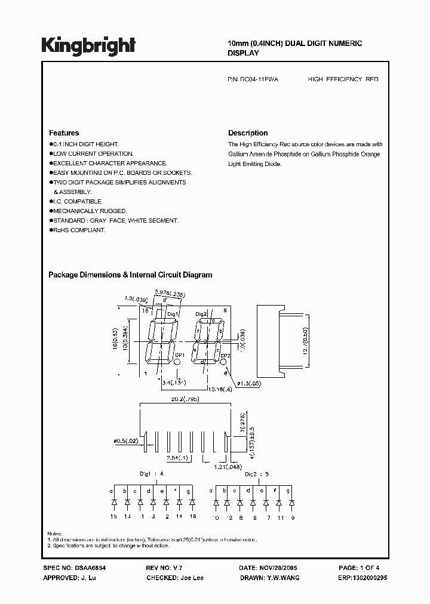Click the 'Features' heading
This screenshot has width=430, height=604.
click(64, 133)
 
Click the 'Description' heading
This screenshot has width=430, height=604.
click(248, 133)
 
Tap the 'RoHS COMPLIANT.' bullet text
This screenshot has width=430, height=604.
click(79, 230)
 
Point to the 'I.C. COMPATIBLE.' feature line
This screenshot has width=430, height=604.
click(78, 201)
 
